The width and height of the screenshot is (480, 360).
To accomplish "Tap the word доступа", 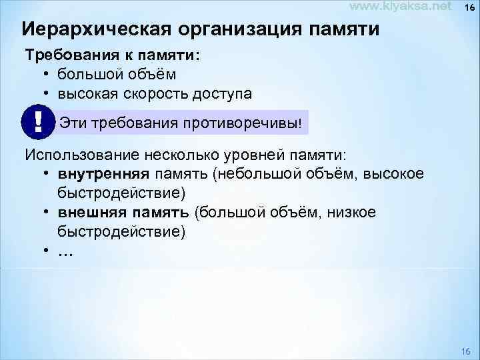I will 219,93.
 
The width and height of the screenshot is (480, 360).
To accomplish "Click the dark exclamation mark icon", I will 37,122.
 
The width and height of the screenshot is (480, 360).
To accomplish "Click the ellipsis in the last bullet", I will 66,252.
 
